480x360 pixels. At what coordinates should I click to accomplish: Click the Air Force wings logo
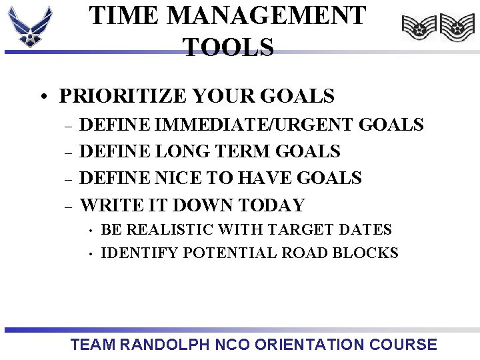pyautogui.click(x=30, y=27)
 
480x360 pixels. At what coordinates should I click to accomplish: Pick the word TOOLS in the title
pyautogui.click(x=228, y=47)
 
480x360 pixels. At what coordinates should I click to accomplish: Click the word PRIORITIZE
pyautogui.click(x=123, y=97)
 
